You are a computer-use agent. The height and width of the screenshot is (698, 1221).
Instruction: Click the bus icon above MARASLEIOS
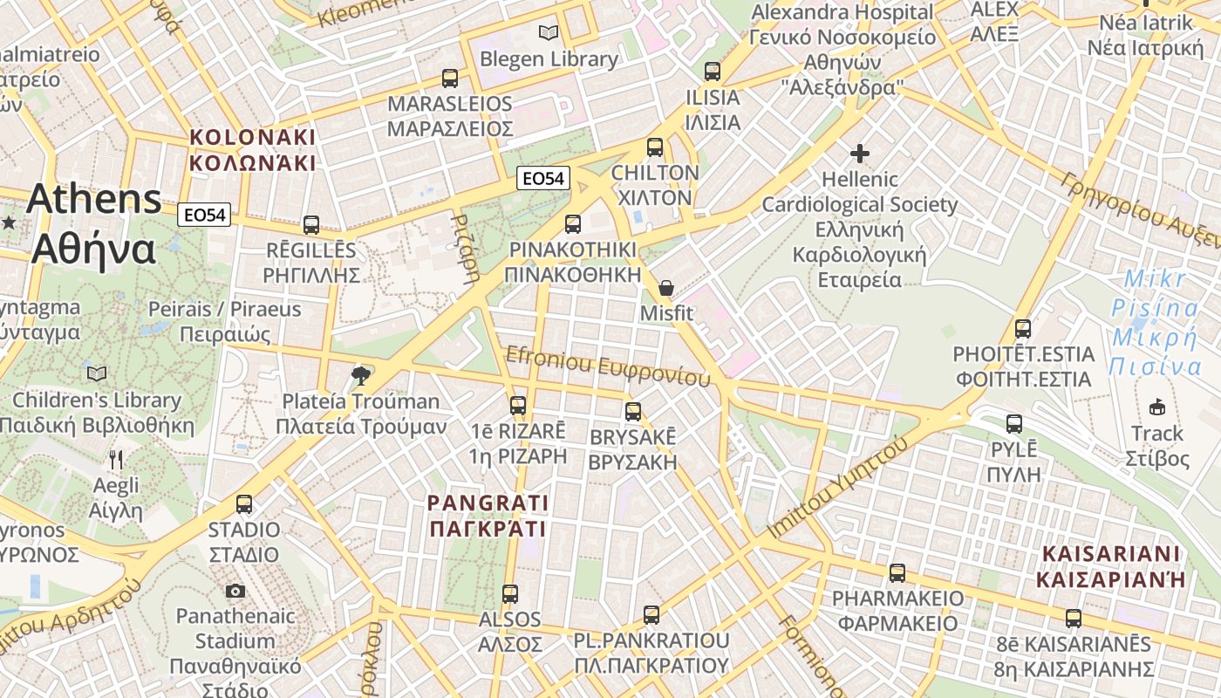450,79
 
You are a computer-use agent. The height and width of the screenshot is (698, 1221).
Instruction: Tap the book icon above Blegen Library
548,33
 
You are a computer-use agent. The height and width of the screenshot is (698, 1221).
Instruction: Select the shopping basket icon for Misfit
666,287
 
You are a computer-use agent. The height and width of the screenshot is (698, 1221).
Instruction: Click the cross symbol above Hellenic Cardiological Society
860,154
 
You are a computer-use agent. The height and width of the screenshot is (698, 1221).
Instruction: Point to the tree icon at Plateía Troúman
359,376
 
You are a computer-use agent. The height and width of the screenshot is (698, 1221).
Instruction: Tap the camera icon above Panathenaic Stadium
235,592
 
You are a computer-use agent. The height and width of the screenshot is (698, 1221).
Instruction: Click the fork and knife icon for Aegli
116,459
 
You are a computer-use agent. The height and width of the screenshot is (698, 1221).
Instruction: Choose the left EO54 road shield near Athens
204,215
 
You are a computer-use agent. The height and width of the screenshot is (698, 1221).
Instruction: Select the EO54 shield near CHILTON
542,179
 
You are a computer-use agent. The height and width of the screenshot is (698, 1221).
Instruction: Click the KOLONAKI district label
252,150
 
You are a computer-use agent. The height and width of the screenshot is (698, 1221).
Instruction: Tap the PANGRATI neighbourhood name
488,516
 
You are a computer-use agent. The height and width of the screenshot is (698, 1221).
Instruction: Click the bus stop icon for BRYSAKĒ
633,412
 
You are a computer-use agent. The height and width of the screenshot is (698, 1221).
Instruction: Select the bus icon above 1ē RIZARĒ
518,406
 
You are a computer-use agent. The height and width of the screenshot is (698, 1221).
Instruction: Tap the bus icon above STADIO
244,504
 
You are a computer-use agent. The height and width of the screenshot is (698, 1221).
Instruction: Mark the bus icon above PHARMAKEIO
897,573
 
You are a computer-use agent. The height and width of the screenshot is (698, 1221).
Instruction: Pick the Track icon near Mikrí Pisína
1157,407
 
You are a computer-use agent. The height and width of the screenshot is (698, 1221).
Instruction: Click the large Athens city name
94,223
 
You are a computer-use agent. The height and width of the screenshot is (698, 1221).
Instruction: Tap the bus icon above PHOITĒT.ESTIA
1023,330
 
